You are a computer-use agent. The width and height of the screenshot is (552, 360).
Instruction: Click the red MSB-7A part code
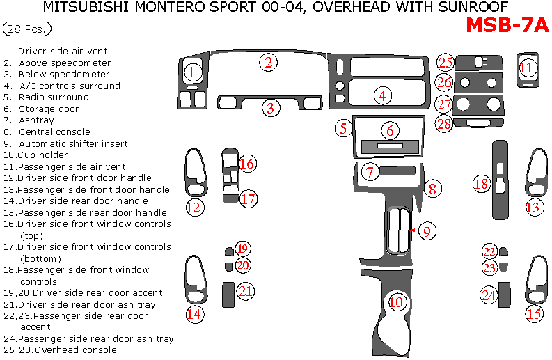click(x=507, y=25)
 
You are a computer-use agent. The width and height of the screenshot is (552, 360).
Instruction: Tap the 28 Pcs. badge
click(x=27, y=29)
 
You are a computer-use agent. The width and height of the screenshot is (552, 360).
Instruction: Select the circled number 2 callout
click(x=269, y=62)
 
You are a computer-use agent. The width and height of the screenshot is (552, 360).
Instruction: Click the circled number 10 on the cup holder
click(x=396, y=302)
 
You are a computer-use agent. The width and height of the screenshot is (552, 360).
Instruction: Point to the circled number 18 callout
click(x=481, y=184)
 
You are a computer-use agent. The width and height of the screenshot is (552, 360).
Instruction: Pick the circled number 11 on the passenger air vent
click(x=527, y=68)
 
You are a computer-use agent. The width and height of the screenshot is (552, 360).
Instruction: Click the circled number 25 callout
click(x=445, y=62)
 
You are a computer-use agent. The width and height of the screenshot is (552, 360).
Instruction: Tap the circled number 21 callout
click(x=245, y=291)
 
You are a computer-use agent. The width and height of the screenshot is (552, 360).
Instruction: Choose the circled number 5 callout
click(x=342, y=128)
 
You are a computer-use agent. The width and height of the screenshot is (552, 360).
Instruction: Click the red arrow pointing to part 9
click(x=412, y=230)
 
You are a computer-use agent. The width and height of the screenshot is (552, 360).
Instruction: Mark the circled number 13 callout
click(x=533, y=207)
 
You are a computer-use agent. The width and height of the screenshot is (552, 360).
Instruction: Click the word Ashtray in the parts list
click(x=36, y=120)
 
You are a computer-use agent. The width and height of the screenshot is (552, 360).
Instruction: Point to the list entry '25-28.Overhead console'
click(x=60, y=350)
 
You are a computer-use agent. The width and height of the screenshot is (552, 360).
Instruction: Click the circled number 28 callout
click(x=444, y=124)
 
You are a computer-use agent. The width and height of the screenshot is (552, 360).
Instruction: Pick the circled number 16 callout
click(x=247, y=164)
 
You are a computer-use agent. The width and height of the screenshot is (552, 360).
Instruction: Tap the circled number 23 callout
click(x=490, y=268)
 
